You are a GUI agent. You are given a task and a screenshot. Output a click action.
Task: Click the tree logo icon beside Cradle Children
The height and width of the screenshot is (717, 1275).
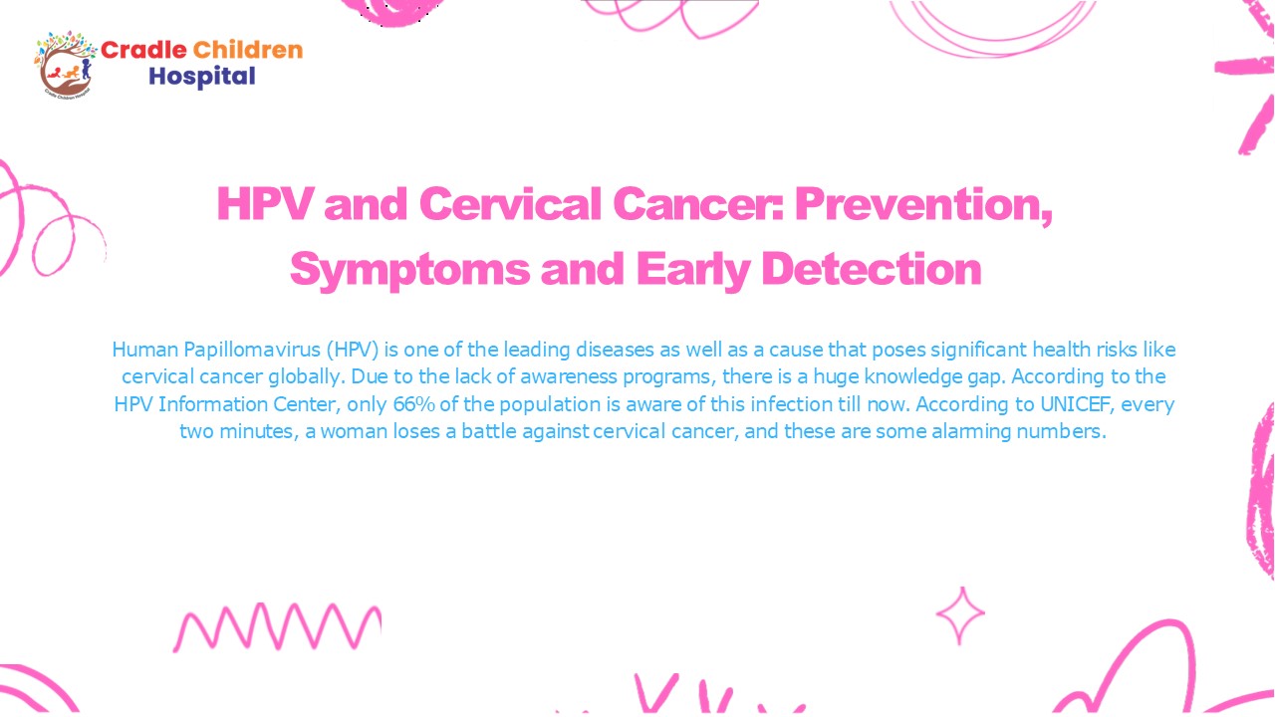click(66, 62)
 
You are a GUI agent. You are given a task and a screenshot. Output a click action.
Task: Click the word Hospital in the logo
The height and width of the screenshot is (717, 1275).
click(202, 76)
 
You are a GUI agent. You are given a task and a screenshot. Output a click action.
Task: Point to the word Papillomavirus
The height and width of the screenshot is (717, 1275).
click(249, 351)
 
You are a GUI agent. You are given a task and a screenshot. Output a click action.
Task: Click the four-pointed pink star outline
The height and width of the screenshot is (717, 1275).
click(960, 615)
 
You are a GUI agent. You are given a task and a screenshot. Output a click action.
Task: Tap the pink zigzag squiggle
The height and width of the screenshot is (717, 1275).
click(277, 627)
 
